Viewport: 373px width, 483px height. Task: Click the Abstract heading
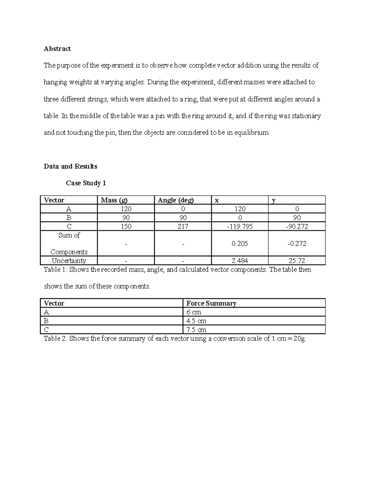coord(57,49)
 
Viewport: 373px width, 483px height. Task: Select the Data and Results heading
coord(70,166)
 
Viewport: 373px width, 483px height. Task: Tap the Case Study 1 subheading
coord(86,183)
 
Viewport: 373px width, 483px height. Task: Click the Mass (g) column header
coord(114,200)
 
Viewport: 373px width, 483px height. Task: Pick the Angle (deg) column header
coord(176,200)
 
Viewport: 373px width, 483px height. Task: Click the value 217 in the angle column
coord(183,226)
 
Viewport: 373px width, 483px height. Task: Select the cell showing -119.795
coord(240,226)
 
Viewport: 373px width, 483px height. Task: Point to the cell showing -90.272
coord(297,226)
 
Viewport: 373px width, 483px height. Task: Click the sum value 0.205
coord(240,244)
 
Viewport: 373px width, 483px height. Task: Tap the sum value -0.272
coord(297,244)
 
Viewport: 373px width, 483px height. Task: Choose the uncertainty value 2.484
coord(240,261)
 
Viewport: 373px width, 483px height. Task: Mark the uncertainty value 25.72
coord(297,261)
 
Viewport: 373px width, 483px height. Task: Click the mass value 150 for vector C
coord(126,226)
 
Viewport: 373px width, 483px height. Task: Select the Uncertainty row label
coord(69,261)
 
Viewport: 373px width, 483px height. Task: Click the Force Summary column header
coord(211,304)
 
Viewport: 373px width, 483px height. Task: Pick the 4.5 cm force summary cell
coord(196,321)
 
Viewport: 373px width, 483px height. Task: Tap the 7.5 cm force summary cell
coord(196,330)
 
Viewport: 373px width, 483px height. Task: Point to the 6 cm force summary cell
coord(194,312)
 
